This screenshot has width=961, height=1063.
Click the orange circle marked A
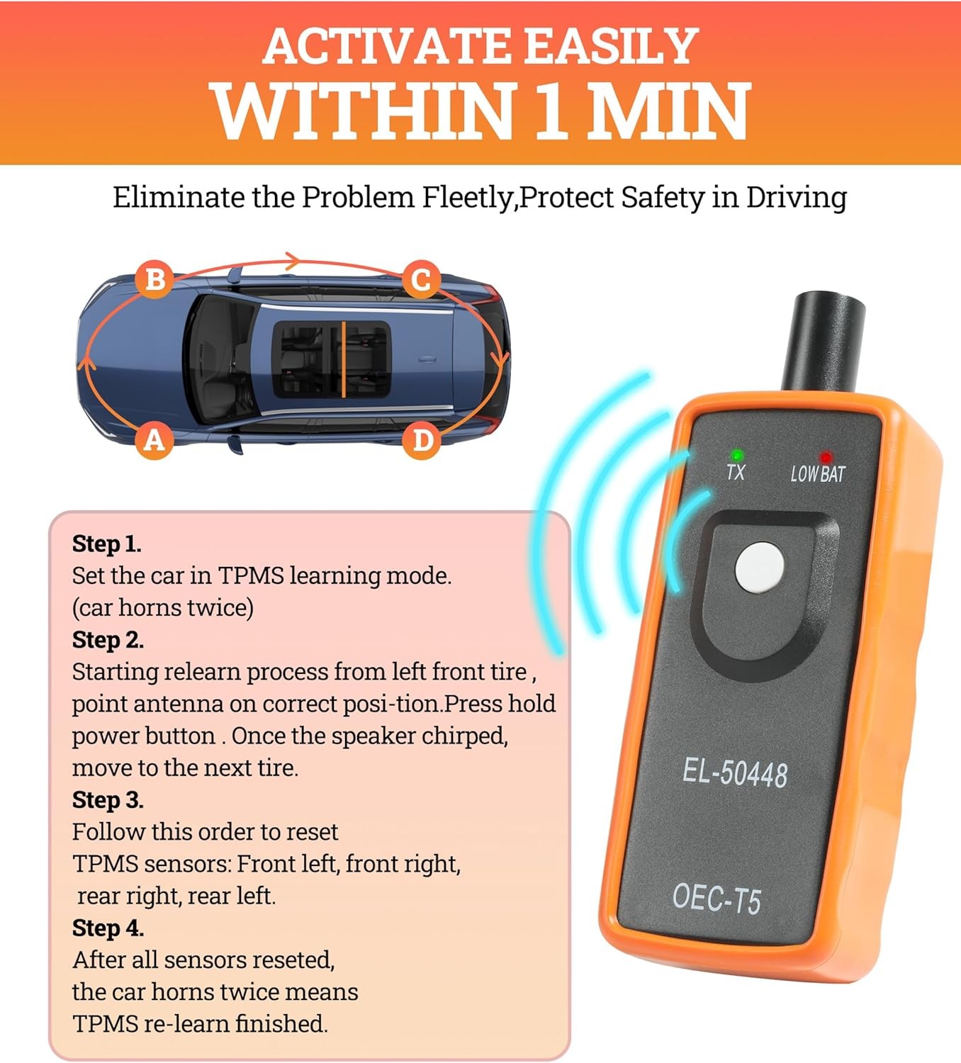[x=154, y=440]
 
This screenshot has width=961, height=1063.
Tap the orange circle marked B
[x=154, y=279]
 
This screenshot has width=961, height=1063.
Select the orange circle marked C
[x=421, y=279]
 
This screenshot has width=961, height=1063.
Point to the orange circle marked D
[x=422, y=440]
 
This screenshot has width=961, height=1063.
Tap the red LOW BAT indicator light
[x=825, y=458]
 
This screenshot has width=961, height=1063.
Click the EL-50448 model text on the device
[x=734, y=772]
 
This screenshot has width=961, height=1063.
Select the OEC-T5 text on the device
[x=716, y=899]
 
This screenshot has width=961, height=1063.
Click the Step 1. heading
[x=107, y=544]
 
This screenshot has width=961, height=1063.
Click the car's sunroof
[x=332, y=359]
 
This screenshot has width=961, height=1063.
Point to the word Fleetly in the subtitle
[x=467, y=198]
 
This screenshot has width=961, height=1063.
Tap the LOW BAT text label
[x=818, y=474]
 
